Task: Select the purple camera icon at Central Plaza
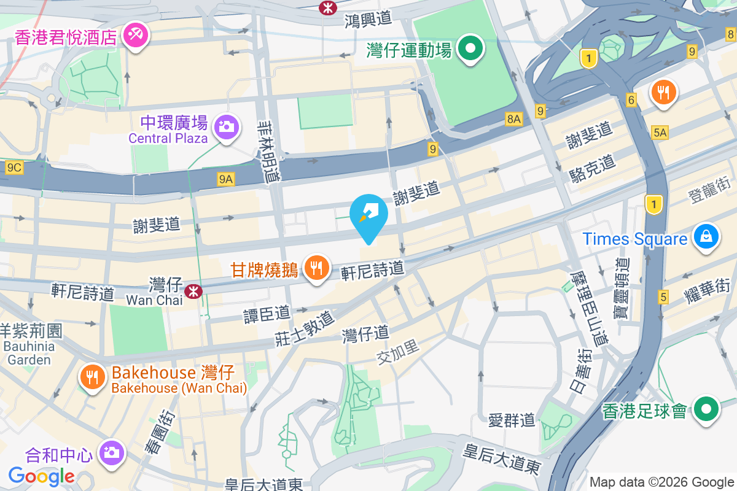(x=225, y=127)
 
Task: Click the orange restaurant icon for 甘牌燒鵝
(x=316, y=268)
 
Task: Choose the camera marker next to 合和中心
(x=111, y=453)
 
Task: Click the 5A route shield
(x=660, y=133)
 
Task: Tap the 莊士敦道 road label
(x=305, y=327)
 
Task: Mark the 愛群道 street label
(x=512, y=421)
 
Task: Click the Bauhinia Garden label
(x=29, y=353)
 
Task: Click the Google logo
(x=41, y=476)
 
